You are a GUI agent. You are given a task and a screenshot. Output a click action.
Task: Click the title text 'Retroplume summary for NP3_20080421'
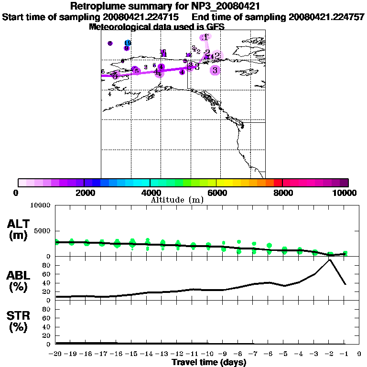(x=165, y=6)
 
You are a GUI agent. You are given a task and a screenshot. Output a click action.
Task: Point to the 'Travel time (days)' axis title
(x=209, y=362)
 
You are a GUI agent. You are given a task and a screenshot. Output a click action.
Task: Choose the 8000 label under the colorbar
(x=282, y=193)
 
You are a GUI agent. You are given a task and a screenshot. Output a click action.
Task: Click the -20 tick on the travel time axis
(x=56, y=354)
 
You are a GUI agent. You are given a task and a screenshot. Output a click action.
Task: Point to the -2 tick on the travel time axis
(x=329, y=354)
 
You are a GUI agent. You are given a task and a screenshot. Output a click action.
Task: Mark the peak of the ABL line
(x=329, y=259)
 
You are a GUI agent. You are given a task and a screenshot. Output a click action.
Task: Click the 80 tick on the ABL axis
(x=47, y=265)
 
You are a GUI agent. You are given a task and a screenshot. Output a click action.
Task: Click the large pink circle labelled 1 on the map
(x=205, y=37)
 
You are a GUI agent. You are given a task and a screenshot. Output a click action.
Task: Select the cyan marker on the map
(x=127, y=43)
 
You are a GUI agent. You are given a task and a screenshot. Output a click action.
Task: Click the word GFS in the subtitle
(x=215, y=27)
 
